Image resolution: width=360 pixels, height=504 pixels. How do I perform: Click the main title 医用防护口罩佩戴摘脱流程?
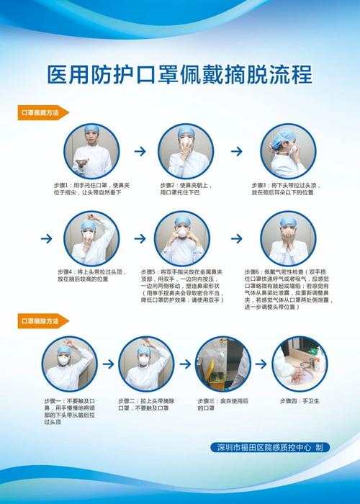click(x=180, y=74)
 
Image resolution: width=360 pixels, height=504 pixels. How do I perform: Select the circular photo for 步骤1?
click(x=91, y=152)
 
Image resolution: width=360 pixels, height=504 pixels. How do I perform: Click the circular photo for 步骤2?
click(x=186, y=151)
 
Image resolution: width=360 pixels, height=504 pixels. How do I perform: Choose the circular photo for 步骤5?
click(x=182, y=238)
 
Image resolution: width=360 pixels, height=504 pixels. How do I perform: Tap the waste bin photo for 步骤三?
click(x=223, y=364)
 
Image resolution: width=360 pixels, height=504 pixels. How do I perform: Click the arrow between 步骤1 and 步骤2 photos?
click(x=140, y=152)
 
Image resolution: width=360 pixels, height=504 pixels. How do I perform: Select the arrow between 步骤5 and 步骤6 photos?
click(x=235, y=238)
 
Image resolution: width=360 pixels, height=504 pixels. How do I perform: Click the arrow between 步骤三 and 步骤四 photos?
click(x=262, y=364)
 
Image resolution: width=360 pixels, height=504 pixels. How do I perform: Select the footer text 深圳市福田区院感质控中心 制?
click(x=268, y=447)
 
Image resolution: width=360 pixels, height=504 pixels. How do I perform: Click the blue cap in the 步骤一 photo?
click(x=68, y=346)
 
